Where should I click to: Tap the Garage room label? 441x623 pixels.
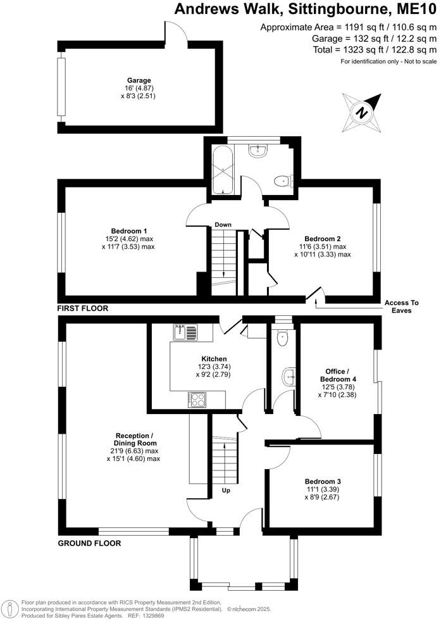(x=139, y=80)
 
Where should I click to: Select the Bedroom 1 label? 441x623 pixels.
(x=129, y=230)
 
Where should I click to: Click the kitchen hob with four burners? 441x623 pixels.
(x=197, y=400)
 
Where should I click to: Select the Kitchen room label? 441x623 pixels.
(x=214, y=358)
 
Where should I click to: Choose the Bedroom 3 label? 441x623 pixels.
(x=323, y=481)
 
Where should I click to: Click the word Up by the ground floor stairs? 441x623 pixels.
(x=227, y=491)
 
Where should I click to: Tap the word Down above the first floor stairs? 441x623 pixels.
(x=223, y=225)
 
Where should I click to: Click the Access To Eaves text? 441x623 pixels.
(x=402, y=306)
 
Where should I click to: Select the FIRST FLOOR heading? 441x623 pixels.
(x=83, y=309)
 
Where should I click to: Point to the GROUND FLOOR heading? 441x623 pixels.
(x=89, y=543)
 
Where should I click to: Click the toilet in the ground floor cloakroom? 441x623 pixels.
(x=282, y=339)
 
